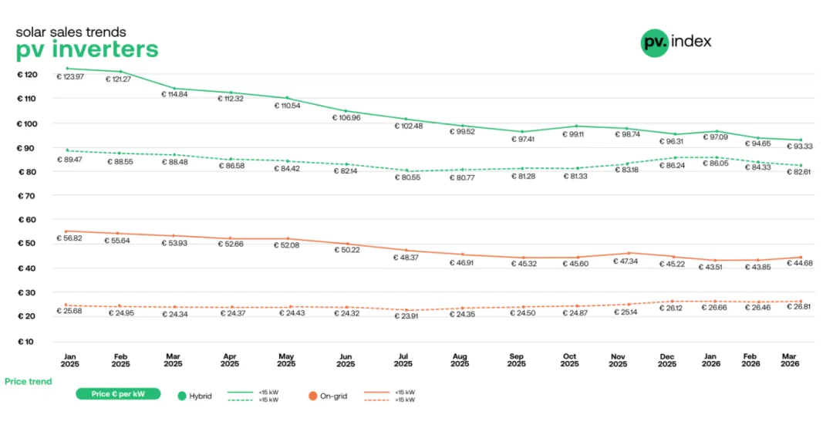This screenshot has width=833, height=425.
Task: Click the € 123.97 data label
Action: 70,76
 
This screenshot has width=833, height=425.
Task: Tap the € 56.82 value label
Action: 70,238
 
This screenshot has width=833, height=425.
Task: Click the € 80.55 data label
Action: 403,177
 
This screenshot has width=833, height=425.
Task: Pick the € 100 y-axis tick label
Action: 27,123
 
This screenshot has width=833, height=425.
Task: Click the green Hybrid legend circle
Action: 182,396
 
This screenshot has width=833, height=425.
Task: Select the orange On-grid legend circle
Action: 312,396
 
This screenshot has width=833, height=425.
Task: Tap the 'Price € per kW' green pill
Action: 118,394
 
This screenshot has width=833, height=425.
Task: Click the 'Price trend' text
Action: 29,381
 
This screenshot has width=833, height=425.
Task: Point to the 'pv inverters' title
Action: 87,49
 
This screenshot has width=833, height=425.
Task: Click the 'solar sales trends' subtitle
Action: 71,32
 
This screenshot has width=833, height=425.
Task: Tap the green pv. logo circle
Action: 654,42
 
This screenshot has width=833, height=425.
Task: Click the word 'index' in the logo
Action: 691,41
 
